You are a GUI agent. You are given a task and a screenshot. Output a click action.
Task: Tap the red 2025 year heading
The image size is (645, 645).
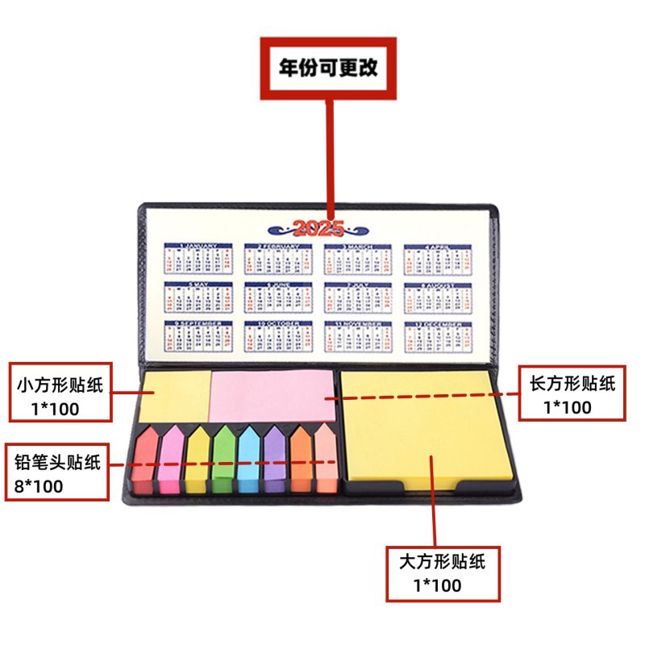point(318,227)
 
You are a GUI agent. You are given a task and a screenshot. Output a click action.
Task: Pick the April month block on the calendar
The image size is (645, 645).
point(437,259)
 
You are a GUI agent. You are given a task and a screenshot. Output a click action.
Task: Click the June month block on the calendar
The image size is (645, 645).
point(277,298)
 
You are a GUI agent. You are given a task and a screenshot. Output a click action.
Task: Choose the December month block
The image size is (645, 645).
point(437,336)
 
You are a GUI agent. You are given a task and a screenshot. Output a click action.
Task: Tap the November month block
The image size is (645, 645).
point(357,336)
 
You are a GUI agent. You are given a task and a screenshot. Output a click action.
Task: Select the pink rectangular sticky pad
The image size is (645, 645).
point(273,394)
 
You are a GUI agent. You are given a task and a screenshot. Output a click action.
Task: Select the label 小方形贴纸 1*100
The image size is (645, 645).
point(60,393)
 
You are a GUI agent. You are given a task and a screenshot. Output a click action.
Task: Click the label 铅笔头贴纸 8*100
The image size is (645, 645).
point(56,472)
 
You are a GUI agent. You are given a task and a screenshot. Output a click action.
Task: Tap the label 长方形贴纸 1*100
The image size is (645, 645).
point(571,393)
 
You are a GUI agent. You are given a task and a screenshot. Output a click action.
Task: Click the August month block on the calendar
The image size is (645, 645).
point(437,298)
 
